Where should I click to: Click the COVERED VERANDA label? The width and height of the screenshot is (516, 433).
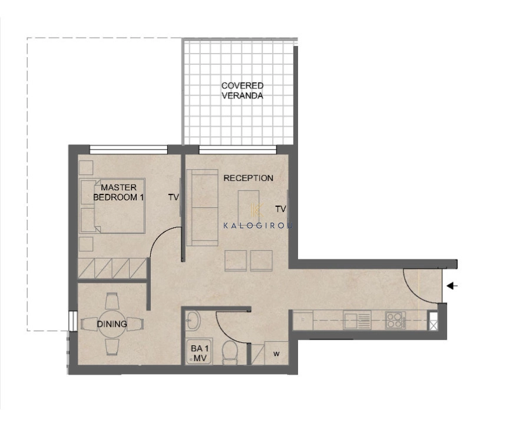(x=242, y=91)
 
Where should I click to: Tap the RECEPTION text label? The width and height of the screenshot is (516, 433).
(x=248, y=178)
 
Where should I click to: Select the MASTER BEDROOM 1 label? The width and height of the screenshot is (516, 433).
(x=118, y=192)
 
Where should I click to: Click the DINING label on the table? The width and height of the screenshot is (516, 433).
(x=112, y=324)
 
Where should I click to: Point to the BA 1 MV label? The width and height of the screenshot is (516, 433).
(x=200, y=353)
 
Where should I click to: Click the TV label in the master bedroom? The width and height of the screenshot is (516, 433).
(x=173, y=197)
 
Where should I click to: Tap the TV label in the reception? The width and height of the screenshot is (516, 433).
(x=281, y=209)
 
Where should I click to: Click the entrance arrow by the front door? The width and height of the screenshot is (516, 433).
(x=452, y=286)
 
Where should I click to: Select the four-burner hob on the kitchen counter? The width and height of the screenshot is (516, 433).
(x=395, y=320)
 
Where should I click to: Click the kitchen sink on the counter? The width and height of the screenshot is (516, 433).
(x=357, y=320)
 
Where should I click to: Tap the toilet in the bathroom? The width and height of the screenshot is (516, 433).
(x=229, y=352)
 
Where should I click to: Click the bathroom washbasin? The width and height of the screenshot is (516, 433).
(x=192, y=320)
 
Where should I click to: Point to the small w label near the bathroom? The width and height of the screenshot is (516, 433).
(x=276, y=354)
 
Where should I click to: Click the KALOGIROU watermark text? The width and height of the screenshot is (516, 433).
(x=257, y=226)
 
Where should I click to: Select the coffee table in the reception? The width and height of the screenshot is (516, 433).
(x=249, y=204)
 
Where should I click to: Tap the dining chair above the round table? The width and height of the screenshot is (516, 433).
(x=112, y=300)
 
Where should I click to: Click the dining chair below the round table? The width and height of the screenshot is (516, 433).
(x=112, y=347)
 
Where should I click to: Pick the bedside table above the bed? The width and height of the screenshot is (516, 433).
(x=86, y=168)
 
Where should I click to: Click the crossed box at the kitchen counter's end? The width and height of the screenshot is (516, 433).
(x=433, y=320)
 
